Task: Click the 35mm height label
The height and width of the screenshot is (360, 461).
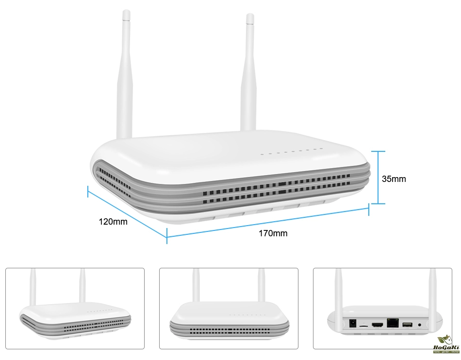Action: tap(394, 179)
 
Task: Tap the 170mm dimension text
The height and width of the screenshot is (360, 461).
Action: tap(273, 233)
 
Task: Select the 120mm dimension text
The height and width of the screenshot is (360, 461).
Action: tap(113, 222)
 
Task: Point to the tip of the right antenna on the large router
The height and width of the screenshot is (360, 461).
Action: tap(250, 18)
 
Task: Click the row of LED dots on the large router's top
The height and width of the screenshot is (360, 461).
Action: tap(291, 152)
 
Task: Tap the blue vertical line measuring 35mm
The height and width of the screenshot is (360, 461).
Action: tap(379, 177)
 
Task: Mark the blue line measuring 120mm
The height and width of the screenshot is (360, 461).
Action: tap(127, 213)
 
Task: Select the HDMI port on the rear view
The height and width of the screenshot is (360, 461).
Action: tap(377, 325)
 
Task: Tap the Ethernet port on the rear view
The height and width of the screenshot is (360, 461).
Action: tap(391, 323)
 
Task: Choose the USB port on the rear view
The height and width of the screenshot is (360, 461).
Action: tap(407, 325)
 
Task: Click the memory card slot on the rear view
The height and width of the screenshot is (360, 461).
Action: tap(363, 327)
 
